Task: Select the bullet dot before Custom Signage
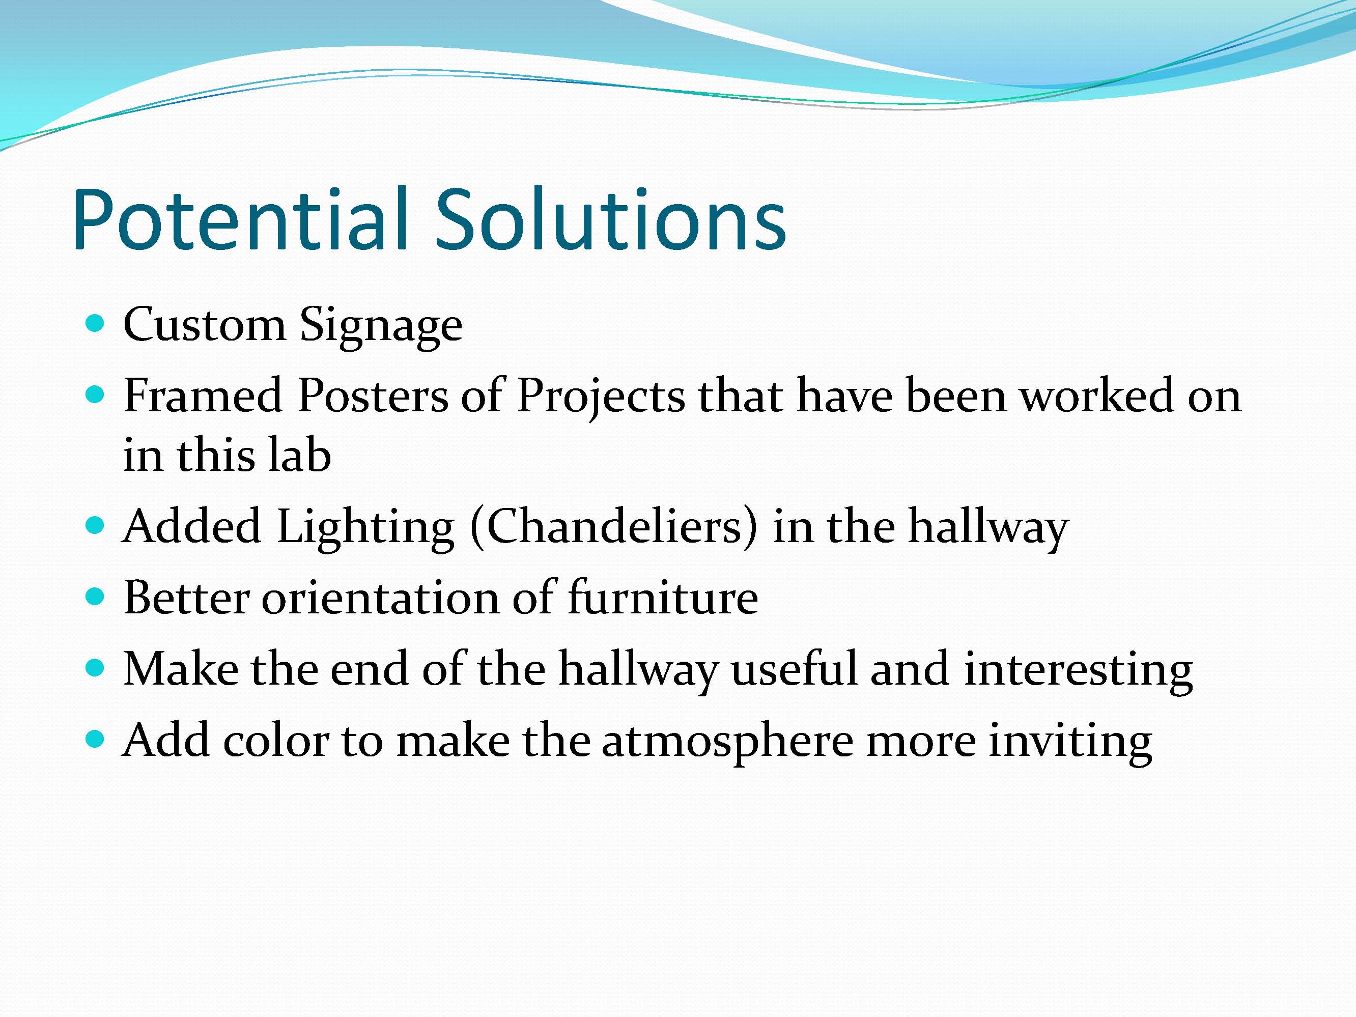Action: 95,323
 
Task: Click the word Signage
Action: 381,327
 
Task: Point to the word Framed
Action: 202,395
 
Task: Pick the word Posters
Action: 373,395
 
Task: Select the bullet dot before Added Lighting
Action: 95,525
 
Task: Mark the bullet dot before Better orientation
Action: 95,596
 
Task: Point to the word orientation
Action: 381,598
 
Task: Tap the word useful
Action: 795,668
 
